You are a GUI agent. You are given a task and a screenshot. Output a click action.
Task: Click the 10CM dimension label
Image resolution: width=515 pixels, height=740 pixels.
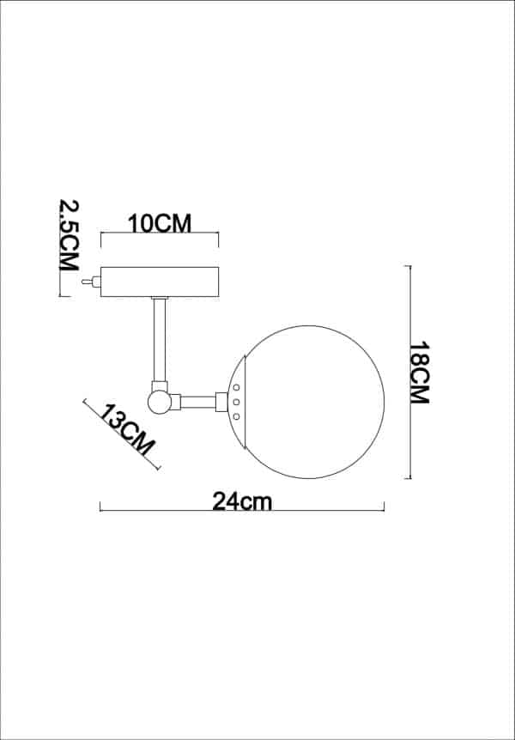click(x=160, y=222)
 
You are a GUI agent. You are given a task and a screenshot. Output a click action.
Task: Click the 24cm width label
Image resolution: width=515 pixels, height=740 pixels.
click(x=242, y=501)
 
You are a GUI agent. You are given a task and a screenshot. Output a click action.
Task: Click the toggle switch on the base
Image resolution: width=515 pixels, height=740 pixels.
click(x=88, y=281)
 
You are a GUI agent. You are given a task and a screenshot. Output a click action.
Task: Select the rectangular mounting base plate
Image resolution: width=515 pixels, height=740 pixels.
click(x=160, y=282)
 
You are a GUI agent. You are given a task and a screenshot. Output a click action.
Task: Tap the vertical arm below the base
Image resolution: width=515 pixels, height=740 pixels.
click(x=160, y=339)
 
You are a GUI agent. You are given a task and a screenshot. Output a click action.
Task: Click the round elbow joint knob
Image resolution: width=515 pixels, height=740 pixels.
click(x=159, y=401)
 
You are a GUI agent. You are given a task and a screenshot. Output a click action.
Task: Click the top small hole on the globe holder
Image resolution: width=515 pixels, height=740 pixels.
click(x=237, y=388)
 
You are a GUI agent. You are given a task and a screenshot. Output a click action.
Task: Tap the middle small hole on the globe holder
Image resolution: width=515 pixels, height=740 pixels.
click(x=237, y=402)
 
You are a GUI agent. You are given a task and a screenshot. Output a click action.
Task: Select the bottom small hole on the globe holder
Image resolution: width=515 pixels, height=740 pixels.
click(x=237, y=416)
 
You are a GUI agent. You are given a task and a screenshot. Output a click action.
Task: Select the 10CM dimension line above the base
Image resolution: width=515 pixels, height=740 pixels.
click(x=160, y=234)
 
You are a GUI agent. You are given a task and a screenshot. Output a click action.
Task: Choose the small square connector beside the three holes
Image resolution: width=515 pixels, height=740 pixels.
click(x=221, y=401)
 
